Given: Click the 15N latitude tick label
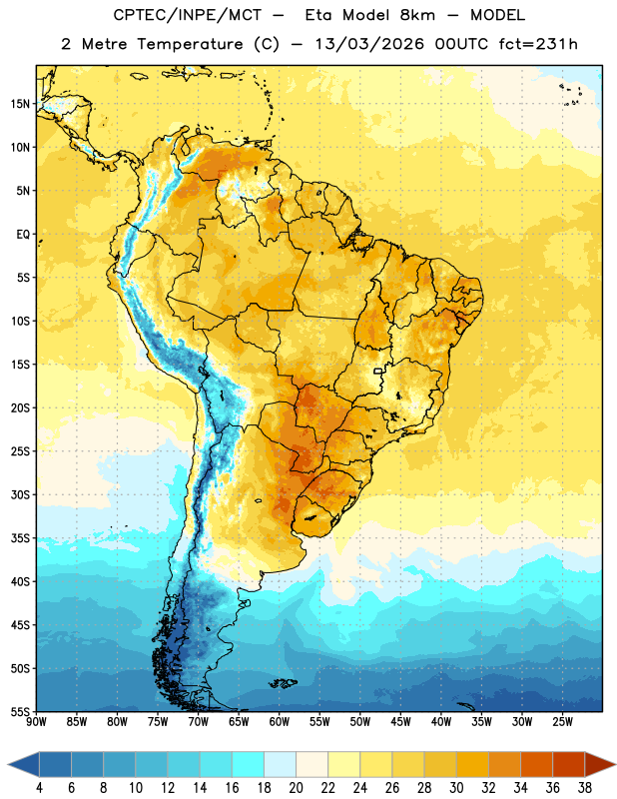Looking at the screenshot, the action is pos(20,104).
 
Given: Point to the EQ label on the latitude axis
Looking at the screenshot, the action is pos(23,235).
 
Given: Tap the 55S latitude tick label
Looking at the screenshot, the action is pos(20,712).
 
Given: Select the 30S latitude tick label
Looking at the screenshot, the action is pos(20,494).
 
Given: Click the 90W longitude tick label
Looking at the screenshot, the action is pos(36,721).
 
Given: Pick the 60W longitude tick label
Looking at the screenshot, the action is pos(280,721).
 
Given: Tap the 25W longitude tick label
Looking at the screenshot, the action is pos(562,721).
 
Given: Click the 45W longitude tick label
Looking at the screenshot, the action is pos(401,721).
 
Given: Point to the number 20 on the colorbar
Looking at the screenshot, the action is pos(296,788).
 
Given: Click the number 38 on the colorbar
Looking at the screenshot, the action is pos(585,788).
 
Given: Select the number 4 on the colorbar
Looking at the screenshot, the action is pos(39,788).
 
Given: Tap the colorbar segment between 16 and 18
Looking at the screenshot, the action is pos(249,764).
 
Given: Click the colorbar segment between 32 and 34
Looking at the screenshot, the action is pos(505,764).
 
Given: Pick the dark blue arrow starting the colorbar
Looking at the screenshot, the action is pos(24,764).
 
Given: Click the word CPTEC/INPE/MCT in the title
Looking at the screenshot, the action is pos(187,15).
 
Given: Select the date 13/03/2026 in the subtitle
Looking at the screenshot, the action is pos(368,44).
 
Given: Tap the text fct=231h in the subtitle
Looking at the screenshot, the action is pos(538,44).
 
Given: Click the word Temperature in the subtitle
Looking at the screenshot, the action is pos(190,44).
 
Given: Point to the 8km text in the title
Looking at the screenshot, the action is pos(417,15).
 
